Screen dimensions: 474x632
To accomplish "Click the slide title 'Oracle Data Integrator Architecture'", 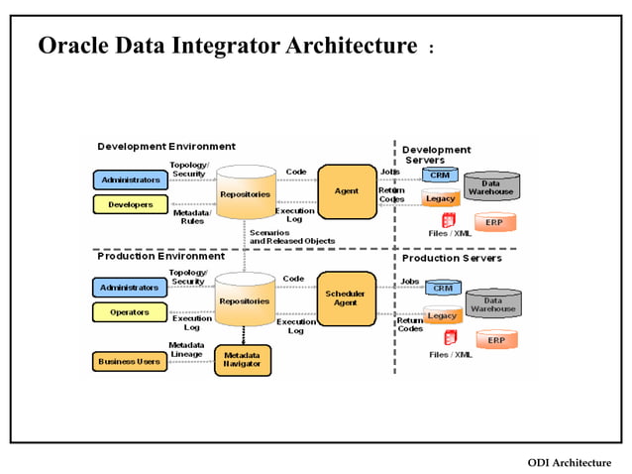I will click(x=227, y=46).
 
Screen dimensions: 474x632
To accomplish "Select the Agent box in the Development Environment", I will click(x=346, y=190).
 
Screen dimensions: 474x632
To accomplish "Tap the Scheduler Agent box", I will click(x=346, y=298).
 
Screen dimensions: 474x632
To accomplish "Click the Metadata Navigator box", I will click(x=243, y=359).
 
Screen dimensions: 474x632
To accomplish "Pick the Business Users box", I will click(x=129, y=362).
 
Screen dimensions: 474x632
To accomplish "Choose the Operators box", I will click(x=129, y=312).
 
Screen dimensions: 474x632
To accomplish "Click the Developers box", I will click(x=129, y=204).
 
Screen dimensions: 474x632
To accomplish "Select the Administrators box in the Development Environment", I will click(x=129, y=179).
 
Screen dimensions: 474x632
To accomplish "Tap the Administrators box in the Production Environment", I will click(x=129, y=288).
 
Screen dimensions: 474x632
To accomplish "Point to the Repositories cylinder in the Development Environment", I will click(x=245, y=194).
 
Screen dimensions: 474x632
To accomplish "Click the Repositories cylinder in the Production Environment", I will click(x=245, y=300).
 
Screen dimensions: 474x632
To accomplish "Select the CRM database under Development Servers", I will click(x=440, y=175).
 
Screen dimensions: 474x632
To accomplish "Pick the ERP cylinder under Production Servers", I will click(x=495, y=339).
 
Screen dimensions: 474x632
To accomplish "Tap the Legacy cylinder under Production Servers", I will click(x=442, y=315).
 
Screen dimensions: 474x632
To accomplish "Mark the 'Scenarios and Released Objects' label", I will click(x=291, y=236).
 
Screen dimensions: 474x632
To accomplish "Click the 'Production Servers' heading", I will click(x=452, y=258).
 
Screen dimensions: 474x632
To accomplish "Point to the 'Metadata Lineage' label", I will click(x=186, y=349).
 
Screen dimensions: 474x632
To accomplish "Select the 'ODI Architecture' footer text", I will click(x=569, y=462).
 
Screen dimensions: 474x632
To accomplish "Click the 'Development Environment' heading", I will click(x=166, y=147).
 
